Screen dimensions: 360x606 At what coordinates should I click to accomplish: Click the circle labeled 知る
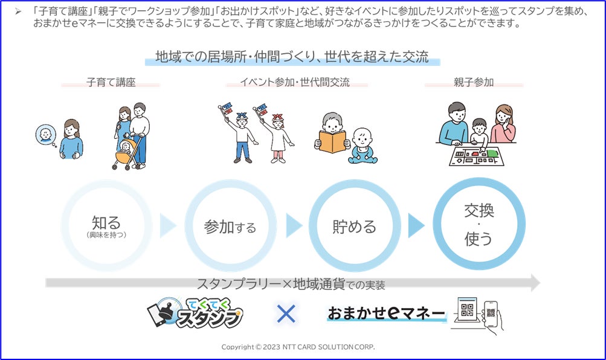tap(106, 226)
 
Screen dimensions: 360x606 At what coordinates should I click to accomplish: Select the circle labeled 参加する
tap(230, 226)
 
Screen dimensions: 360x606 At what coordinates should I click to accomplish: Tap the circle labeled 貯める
tap(355, 226)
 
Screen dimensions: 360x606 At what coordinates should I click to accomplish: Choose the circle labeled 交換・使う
tap(479, 225)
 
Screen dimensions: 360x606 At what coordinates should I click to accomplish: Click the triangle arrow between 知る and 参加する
tap(167, 226)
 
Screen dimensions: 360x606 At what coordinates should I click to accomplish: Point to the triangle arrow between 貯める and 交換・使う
tap(416, 226)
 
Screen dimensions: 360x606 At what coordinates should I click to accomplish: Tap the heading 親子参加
tap(473, 82)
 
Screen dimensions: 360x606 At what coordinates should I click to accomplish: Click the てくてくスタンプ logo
tap(195, 313)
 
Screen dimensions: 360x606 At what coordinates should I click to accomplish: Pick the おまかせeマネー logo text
tap(386, 313)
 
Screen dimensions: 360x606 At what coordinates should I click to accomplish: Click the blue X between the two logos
tap(286, 313)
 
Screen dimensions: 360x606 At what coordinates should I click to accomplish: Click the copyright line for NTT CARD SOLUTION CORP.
tap(298, 347)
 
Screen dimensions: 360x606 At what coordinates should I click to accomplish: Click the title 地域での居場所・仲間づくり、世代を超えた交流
tap(292, 58)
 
